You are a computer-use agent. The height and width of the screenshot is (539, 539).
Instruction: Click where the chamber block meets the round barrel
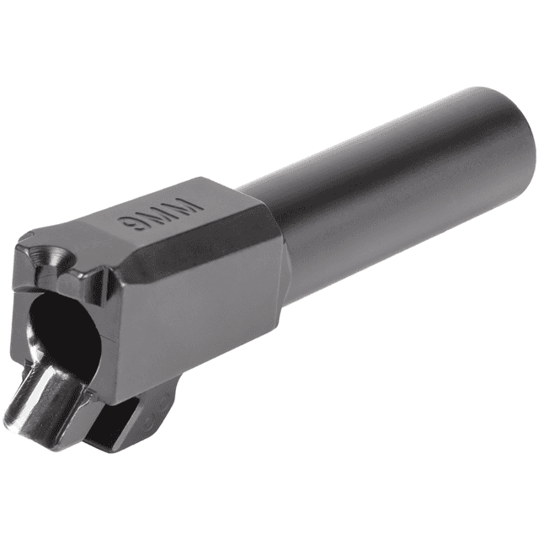[x=282, y=244]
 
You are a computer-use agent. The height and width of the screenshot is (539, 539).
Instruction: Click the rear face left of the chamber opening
[x=21, y=303]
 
